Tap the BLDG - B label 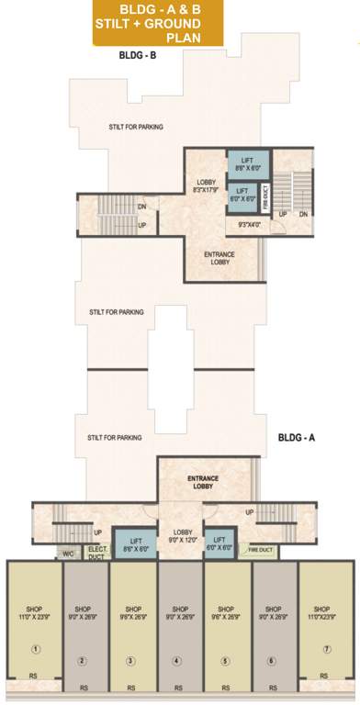click(138, 56)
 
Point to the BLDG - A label click(297, 438)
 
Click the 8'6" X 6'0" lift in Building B click(247, 162)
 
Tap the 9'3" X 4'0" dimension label click(250, 225)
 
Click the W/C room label click(68, 554)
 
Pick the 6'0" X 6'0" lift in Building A click(219, 544)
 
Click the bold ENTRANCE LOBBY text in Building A click(201, 482)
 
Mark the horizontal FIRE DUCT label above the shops click(262, 551)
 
